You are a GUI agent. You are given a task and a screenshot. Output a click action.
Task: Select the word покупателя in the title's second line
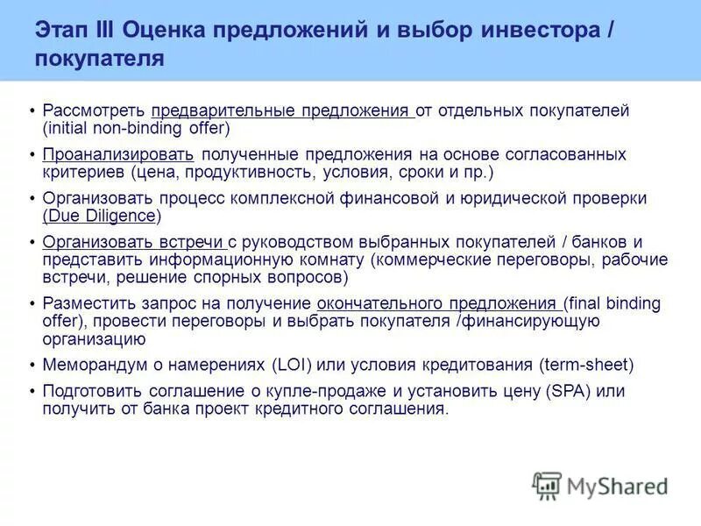click(100, 60)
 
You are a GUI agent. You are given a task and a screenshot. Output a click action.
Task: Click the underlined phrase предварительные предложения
click(280, 111)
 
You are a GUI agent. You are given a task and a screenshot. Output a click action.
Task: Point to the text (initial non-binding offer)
click(136, 128)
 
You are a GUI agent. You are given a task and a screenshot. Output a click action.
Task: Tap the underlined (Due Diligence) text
click(101, 216)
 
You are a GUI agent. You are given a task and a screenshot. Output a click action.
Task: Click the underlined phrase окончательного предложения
click(438, 304)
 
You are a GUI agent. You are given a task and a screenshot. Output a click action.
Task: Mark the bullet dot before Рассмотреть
click(32, 112)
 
